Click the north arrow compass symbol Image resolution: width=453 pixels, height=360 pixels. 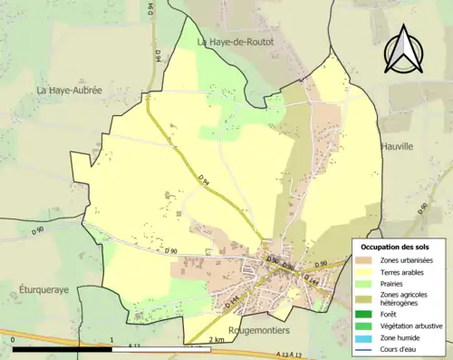coord(403,51)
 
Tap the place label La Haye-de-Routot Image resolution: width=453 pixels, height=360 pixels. coord(234,42)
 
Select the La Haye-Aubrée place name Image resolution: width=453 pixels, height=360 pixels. coord(69,91)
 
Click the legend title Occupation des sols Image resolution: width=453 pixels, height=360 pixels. coord(397,247)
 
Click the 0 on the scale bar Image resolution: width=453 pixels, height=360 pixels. coord(14,339)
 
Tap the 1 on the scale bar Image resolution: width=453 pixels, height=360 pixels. coord(111,339)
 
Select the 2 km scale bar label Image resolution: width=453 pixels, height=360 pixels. coord(216,339)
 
